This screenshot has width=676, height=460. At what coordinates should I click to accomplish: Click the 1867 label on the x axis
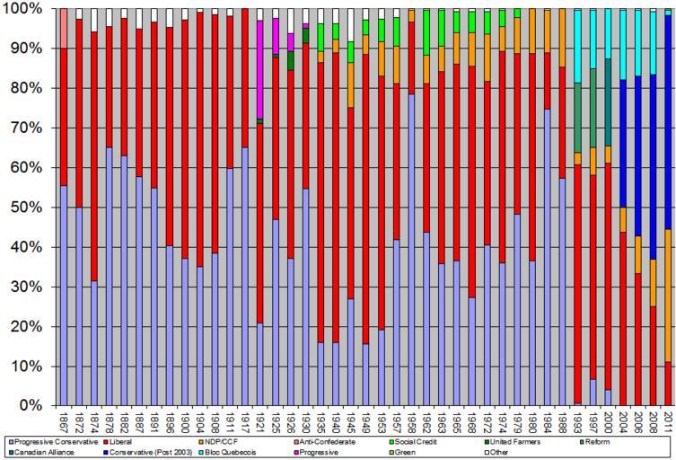click(64, 420)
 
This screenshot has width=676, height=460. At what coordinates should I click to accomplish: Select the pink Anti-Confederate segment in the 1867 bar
click(64, 28)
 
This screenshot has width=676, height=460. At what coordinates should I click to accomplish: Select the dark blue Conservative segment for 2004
click(621, 144)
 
